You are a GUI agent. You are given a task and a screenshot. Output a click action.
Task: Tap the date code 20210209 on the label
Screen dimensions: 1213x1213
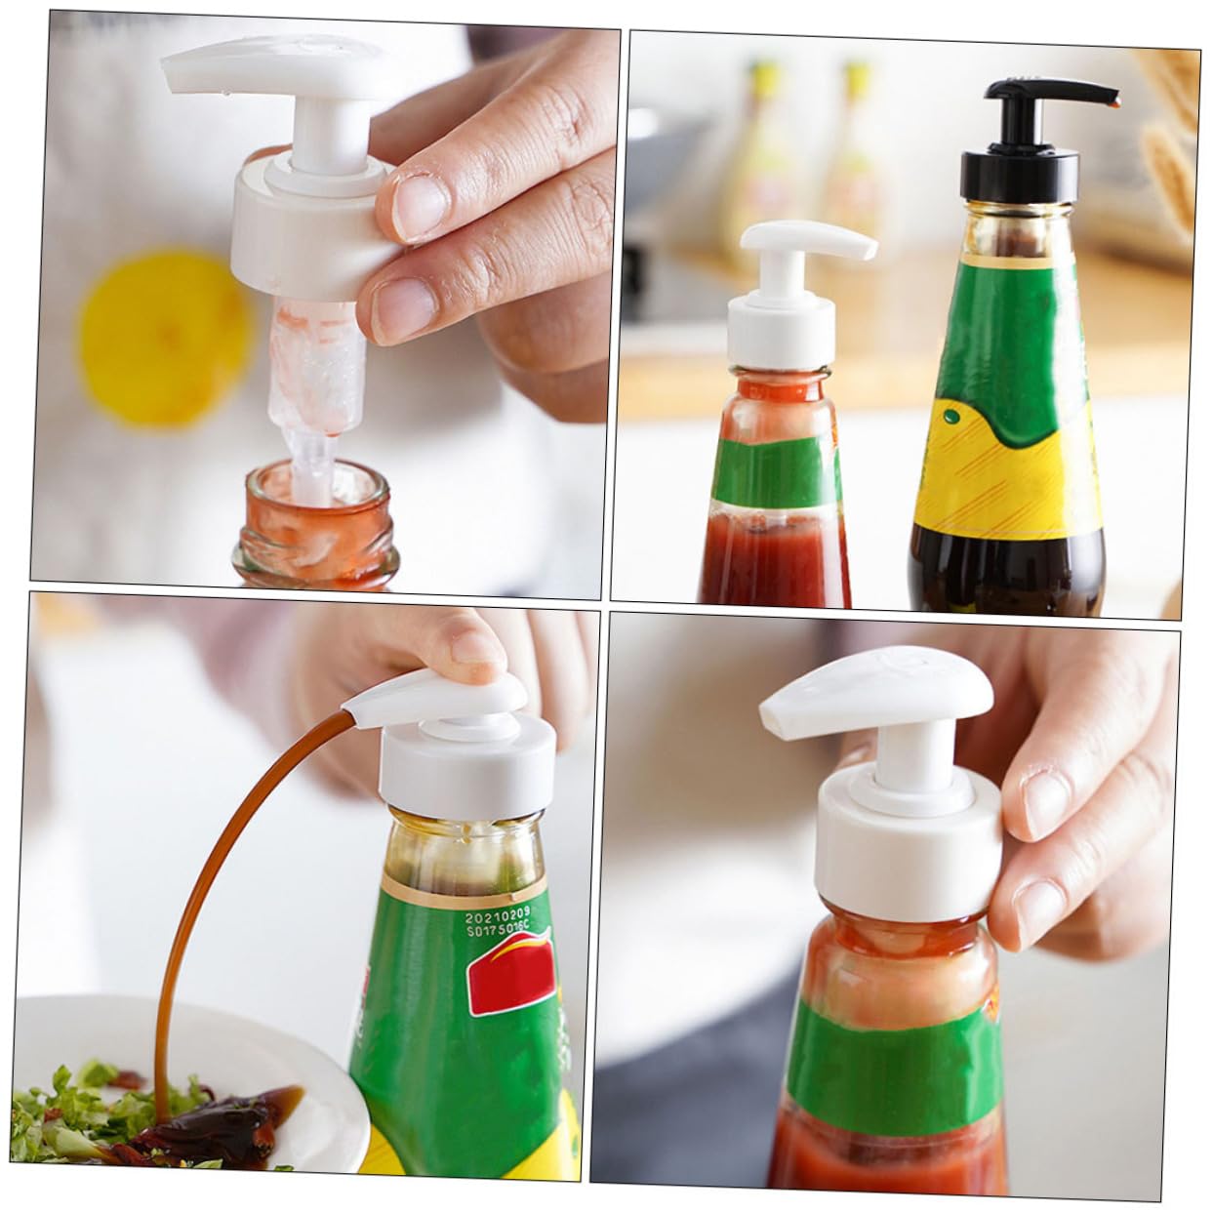pos(496,918)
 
